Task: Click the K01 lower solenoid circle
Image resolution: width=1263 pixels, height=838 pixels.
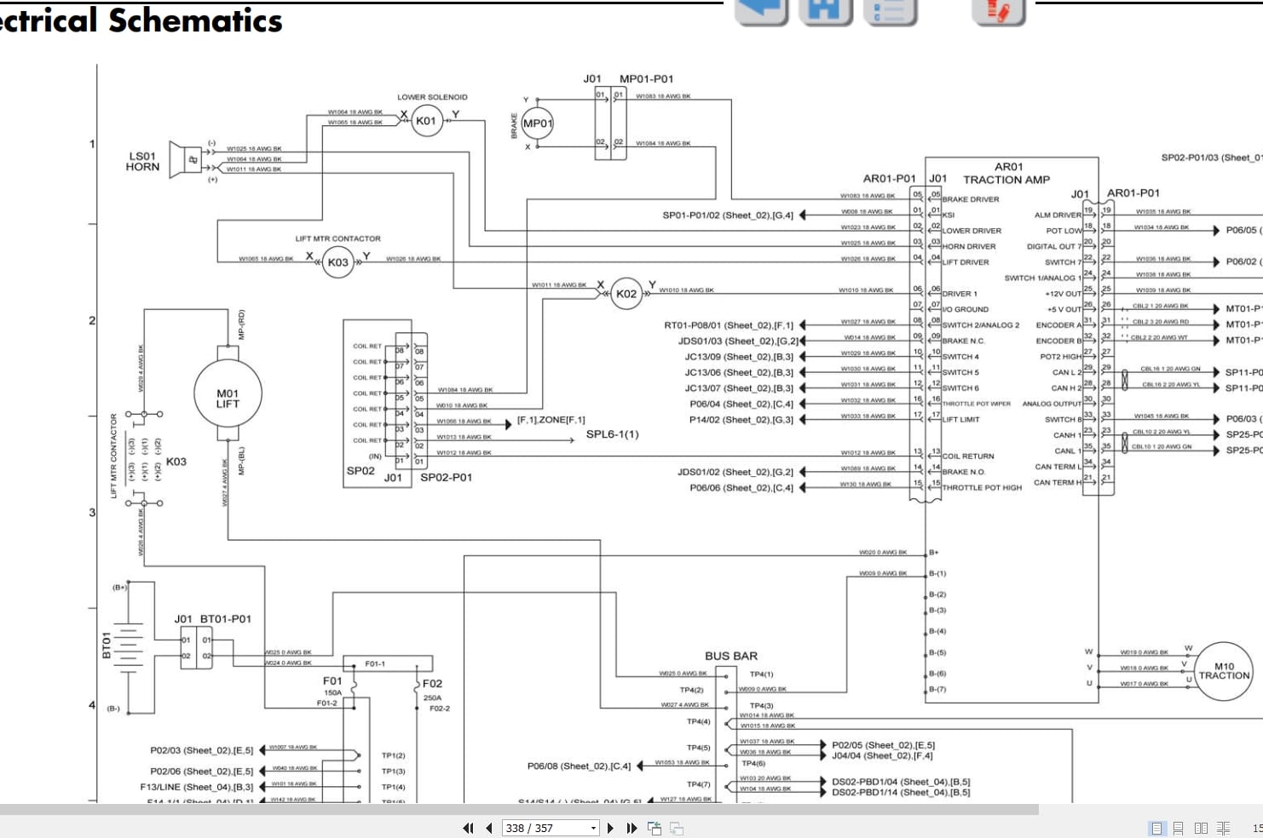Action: (425, 121)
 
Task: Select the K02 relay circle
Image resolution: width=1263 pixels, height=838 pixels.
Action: (626, 294)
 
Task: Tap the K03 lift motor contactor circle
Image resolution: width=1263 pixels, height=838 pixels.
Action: (338, 262)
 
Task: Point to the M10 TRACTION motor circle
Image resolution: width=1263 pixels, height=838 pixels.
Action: (1224, 671)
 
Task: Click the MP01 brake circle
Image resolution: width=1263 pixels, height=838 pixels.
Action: (537, 123)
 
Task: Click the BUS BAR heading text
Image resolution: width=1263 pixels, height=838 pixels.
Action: (730, 657)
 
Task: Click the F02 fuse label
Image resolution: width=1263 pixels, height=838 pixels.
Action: (432, 684)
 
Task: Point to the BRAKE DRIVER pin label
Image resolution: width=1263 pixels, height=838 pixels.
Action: (970, 199)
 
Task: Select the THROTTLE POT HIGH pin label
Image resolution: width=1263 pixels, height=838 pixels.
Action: (982, 488)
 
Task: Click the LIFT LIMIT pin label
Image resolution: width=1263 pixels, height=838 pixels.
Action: (960, 420)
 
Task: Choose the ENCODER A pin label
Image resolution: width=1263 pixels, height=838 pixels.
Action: (1058, 325)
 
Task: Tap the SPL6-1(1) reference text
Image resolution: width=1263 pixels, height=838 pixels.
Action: (612, 434)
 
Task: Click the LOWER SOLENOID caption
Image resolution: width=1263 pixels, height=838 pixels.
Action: (432, 97)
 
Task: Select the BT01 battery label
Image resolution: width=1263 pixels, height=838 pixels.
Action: (107, 645)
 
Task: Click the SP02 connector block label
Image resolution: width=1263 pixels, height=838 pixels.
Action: (360, 471)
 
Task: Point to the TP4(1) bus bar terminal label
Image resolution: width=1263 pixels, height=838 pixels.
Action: (761, 674)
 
